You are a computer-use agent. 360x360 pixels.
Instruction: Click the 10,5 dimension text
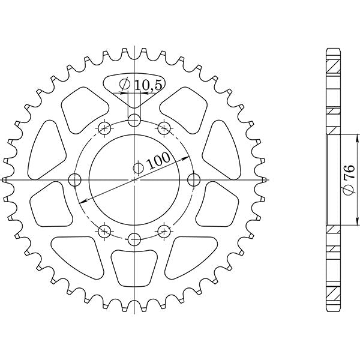coord(147,85)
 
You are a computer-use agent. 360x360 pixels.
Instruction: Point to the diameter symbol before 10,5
coord(124,85)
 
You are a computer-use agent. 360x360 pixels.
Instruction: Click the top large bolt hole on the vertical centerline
coord(134,121)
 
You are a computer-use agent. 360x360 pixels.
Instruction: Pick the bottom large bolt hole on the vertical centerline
coord(134,239)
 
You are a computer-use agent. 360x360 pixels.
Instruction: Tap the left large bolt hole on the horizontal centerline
coord(75,179)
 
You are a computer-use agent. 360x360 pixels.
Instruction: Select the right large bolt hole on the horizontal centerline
coord(193,179)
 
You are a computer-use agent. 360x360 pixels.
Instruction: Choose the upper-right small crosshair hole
coord(163,127)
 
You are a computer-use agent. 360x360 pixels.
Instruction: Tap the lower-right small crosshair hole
coord(163,232)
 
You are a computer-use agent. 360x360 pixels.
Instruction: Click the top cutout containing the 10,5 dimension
coord(134,90)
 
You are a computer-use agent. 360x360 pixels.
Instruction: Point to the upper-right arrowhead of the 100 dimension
coord(187,154)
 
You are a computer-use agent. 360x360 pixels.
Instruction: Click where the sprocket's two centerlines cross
coord(134,179)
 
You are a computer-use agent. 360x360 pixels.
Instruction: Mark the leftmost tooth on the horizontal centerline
coord(5,179)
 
